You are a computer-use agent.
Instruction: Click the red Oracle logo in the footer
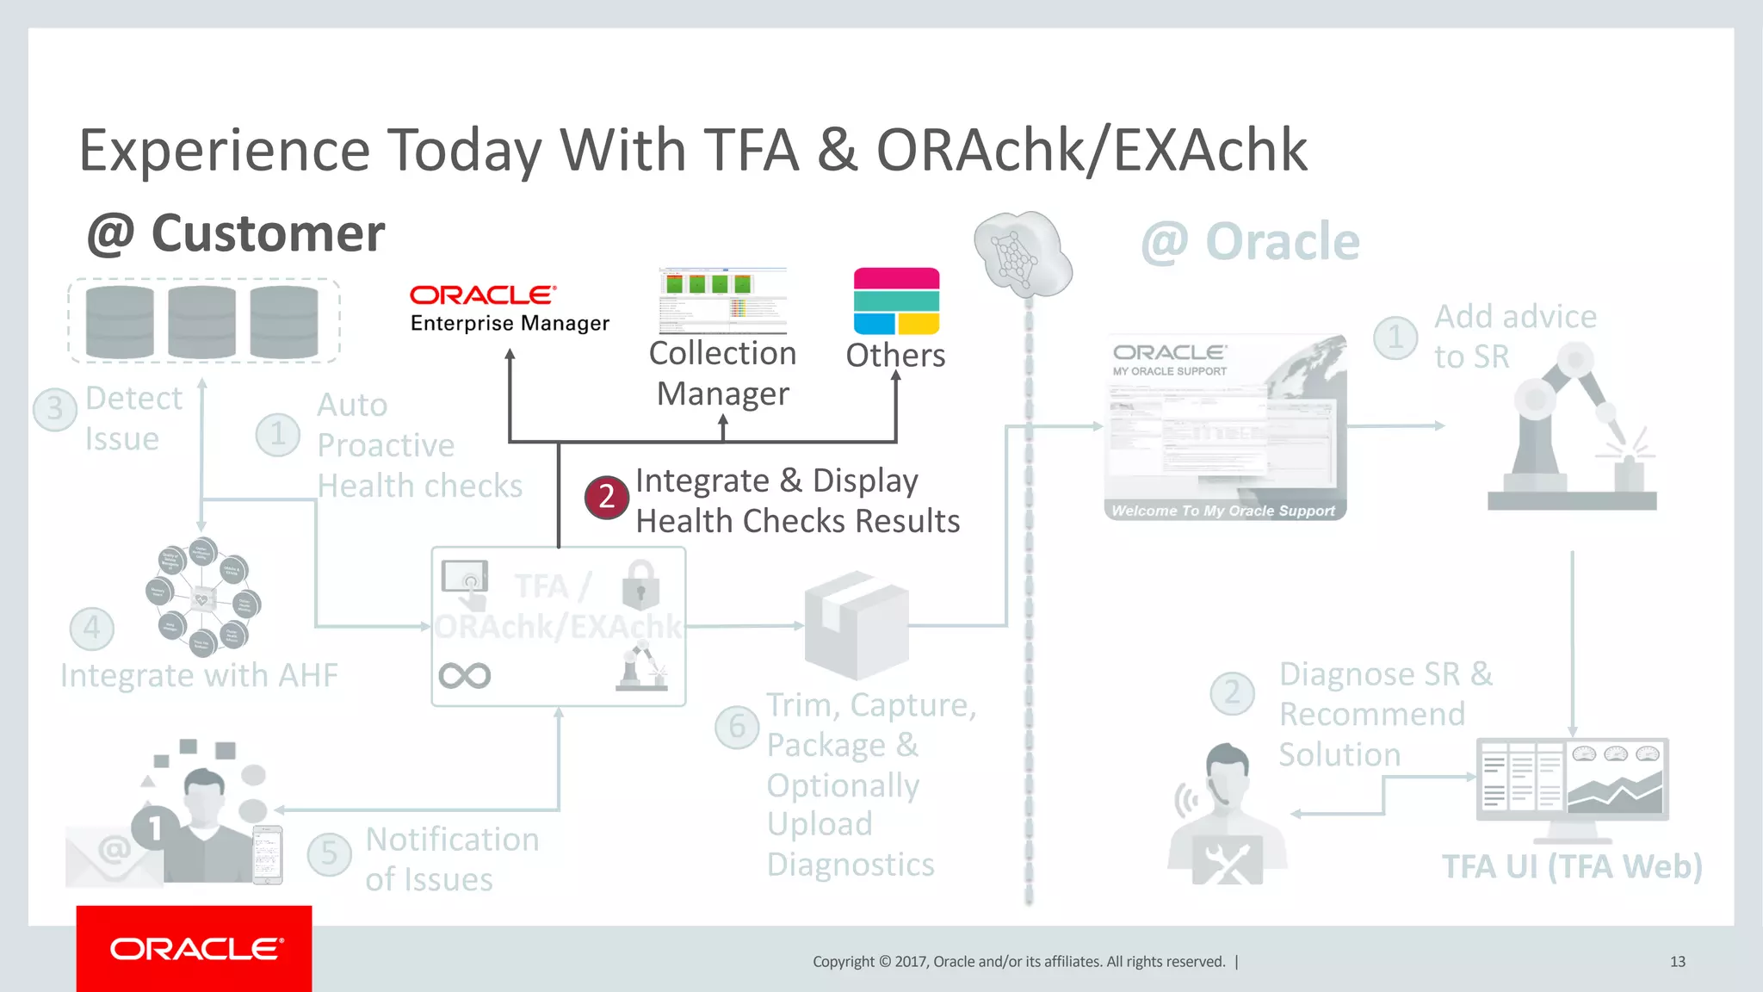pyautogui.click(x=195, y=948)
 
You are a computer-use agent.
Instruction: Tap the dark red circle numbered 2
pyautogui.click(x=606, y=497)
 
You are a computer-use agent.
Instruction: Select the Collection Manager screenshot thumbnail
pyautogui.click(x=722, y=301)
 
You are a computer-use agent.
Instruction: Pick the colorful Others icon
pyautogui.click(x=896, y=301)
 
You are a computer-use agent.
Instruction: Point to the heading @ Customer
pyautogui.click(x=236, y=233)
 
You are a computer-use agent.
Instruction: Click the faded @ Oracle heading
pyautogui.click(x=1250, y=241)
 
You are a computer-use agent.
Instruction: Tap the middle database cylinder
pyautogui.click(x=201, y=321)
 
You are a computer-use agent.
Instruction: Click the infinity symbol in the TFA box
pyautogui.click(x=464, y=675)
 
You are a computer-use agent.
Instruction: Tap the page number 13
pyautogui.click(x=1677, y=962)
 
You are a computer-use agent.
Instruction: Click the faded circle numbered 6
pyautogui.click(x=737, y=727)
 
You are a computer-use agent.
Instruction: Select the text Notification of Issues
pyautogui.click(x=451, y=859)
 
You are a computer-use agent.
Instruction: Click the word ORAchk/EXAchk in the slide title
pyautogui.click(x=1091, y=151)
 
